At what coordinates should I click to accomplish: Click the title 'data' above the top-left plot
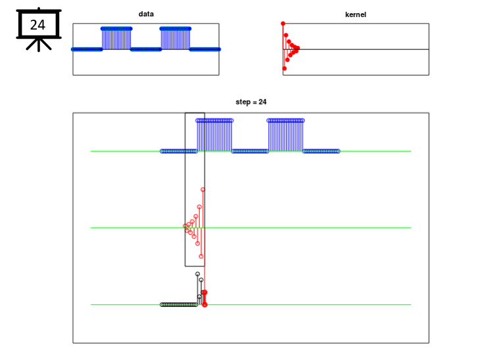coord(146,14)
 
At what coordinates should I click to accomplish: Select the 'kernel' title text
coord(356,14)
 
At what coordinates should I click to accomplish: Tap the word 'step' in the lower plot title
coord(243,102)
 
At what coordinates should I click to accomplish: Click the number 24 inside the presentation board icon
coord(37,25)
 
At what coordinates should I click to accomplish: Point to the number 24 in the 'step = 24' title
coord(262,102)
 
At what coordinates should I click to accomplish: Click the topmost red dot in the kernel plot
coord(283,24)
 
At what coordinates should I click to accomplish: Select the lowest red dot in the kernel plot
coord(285,68)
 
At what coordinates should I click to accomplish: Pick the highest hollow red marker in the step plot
coord(202,190)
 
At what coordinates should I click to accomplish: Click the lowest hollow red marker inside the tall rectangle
coord(201,256)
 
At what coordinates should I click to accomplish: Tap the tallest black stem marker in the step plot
coord(198,274)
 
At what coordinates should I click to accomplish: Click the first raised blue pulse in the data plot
coord(116,39)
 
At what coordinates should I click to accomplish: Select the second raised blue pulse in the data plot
coord(176,39)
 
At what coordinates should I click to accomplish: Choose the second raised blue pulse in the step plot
coord(285,135)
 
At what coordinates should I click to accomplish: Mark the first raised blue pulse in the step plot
coord(214,135)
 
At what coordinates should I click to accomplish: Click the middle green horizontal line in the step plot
coord(250,228)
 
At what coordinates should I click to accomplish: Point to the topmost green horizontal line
coord(250,151)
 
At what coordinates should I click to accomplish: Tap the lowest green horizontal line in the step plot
coord(250,304)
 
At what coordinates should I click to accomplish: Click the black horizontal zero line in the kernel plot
coord(356,49)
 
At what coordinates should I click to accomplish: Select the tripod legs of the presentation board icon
coord(39,45)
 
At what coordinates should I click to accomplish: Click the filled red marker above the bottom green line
coord(204,292)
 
